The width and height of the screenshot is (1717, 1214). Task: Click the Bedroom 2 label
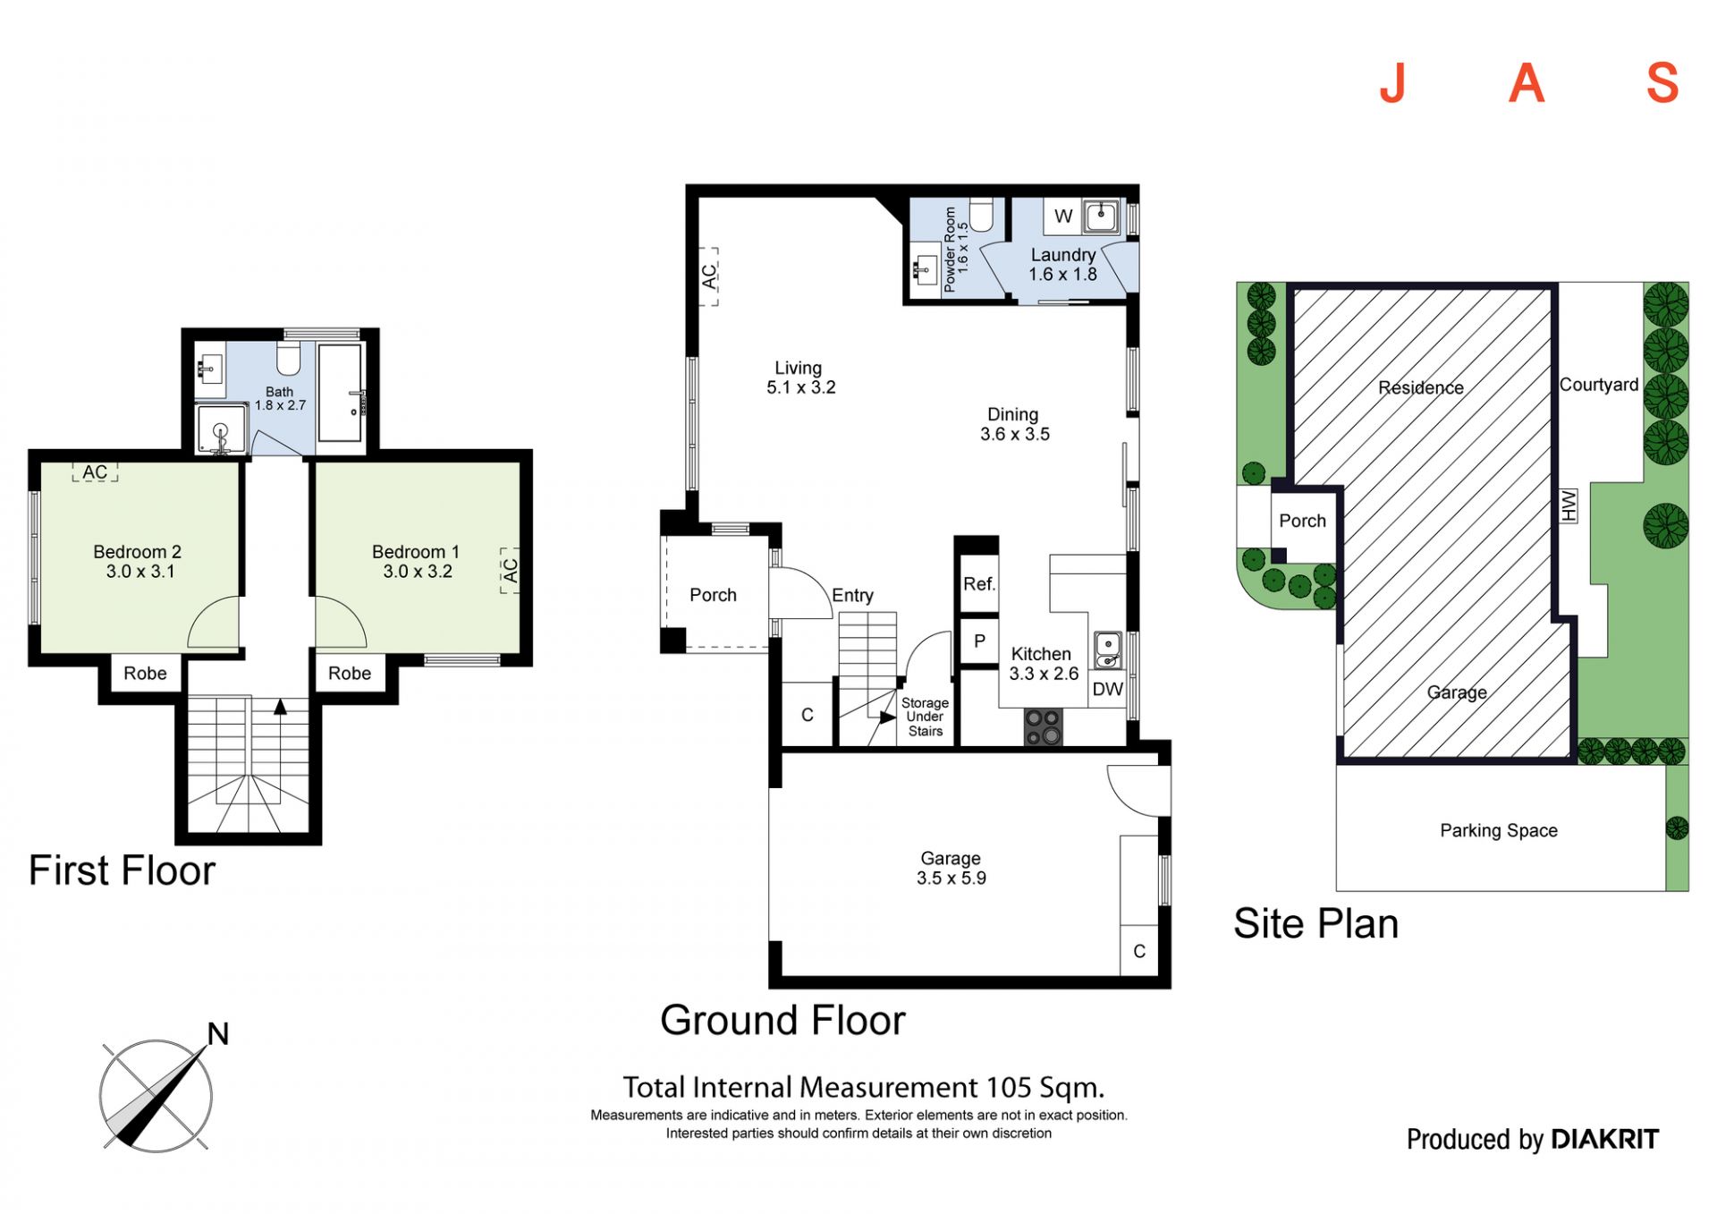(x=138, y=552)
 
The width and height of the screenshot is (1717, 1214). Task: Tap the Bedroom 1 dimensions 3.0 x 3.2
(x=418, y=572)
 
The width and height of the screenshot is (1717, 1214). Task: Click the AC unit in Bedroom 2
(x=95, y=472)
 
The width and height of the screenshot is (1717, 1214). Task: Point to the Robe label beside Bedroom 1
(x=350, y=674)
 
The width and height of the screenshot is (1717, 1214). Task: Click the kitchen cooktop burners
(x=1043, y=726)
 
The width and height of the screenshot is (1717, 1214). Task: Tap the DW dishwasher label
(x=1108, y=690)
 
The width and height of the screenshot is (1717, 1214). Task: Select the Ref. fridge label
(x=979, y=584)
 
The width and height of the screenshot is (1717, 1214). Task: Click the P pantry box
(x=979, y=641)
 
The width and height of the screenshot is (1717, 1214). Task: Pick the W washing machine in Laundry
(x=1062, y=216)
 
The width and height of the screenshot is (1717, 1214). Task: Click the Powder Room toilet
(x=982, y=215)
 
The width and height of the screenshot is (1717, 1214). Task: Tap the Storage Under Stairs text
(x=925, y=717)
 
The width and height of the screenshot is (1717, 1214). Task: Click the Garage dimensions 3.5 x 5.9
(x=952, y=879)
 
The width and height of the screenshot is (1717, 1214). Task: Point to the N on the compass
(x=218, y=1034)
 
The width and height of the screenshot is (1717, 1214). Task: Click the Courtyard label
(x=1599, y=385)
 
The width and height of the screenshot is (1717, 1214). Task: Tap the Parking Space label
(x=1499, y=831)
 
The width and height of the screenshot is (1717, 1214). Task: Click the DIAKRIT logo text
(x=1605, y=1139)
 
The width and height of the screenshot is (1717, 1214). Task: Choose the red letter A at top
(x=1527, y=84)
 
